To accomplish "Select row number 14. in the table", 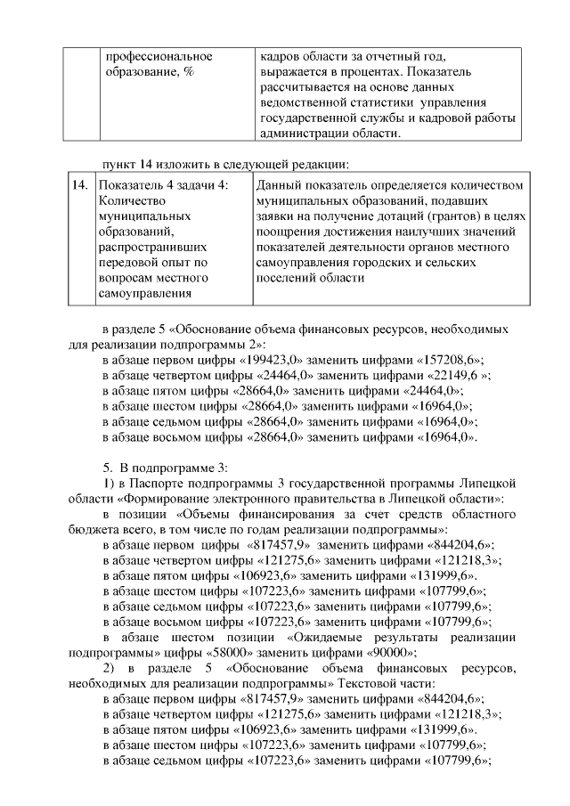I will coord(79,185).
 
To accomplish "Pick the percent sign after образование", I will coord(190,71).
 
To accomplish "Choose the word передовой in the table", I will coord(131,263).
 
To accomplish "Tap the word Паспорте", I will coord(171,481).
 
